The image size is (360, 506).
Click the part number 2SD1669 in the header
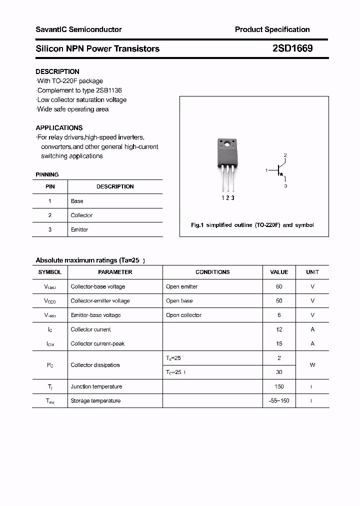(293, 48)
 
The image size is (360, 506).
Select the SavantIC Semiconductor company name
(78, 29)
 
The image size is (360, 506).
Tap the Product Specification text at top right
(272, 29)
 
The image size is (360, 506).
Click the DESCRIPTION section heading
(57, 71)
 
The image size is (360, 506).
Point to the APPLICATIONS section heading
(59, 127)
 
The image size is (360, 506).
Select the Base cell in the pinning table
(77, 201)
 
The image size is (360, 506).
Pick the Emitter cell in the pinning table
(79, 229)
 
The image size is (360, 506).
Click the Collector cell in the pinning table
(81, 215)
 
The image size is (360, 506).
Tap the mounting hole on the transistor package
(226, 145)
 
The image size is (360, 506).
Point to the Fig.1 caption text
(252, 225)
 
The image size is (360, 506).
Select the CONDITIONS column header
(212, 272)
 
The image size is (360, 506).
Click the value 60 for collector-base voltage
(279, 286)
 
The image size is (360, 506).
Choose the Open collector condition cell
(183, 315)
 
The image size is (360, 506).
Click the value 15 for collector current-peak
(279, 343)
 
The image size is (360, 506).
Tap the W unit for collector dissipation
(312, 365)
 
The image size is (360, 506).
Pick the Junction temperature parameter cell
(96, 386)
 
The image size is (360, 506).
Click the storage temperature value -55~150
(279, 400)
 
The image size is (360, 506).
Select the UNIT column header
(312, 272)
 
